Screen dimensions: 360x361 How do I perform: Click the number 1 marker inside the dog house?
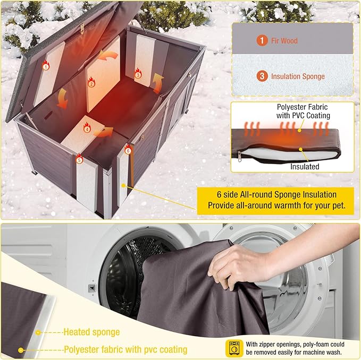[46, 66]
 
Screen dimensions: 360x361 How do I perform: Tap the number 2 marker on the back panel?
[91, 83]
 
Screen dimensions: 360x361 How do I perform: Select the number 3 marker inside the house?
[138, 75]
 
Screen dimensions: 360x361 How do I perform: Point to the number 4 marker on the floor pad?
[87, 128]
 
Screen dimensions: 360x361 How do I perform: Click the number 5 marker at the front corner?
[80, 159]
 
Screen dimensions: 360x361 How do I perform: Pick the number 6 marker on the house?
[128, 151]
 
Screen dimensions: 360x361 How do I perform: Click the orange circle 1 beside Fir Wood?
[262, 40]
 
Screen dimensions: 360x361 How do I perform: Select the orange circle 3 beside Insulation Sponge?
[262, 76]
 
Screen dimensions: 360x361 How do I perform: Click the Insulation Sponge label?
[298, 76]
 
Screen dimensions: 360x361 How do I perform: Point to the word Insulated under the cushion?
[305, 167]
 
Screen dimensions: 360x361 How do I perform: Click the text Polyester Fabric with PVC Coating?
[303, 112]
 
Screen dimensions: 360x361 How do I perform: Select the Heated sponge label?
[91, 332]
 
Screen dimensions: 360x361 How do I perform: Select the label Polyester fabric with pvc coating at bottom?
[125, 349]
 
